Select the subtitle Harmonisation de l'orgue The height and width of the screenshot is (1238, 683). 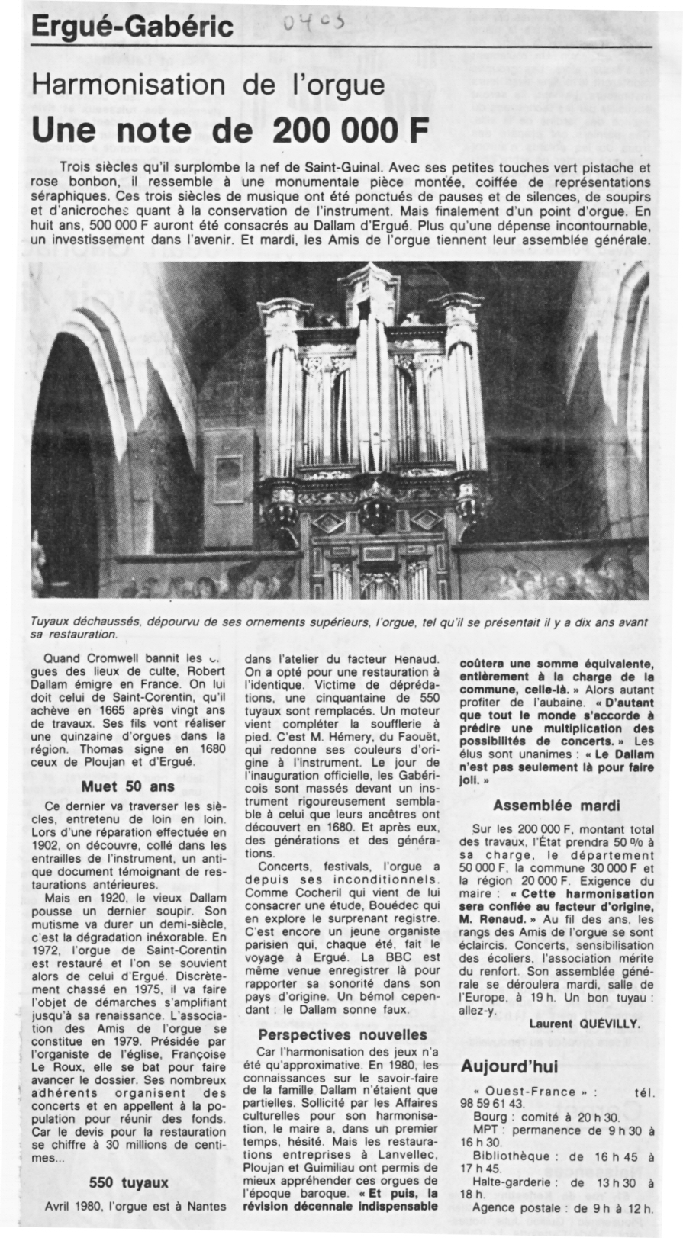click(208, 85)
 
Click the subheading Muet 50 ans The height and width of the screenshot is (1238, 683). click(128, 786)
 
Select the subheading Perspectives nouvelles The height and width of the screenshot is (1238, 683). click(342, 1035)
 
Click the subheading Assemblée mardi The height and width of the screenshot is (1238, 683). click(556, 805)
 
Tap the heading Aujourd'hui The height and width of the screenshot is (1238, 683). click(509, 1066)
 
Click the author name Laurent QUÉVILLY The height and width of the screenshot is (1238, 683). click(585, 1024)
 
